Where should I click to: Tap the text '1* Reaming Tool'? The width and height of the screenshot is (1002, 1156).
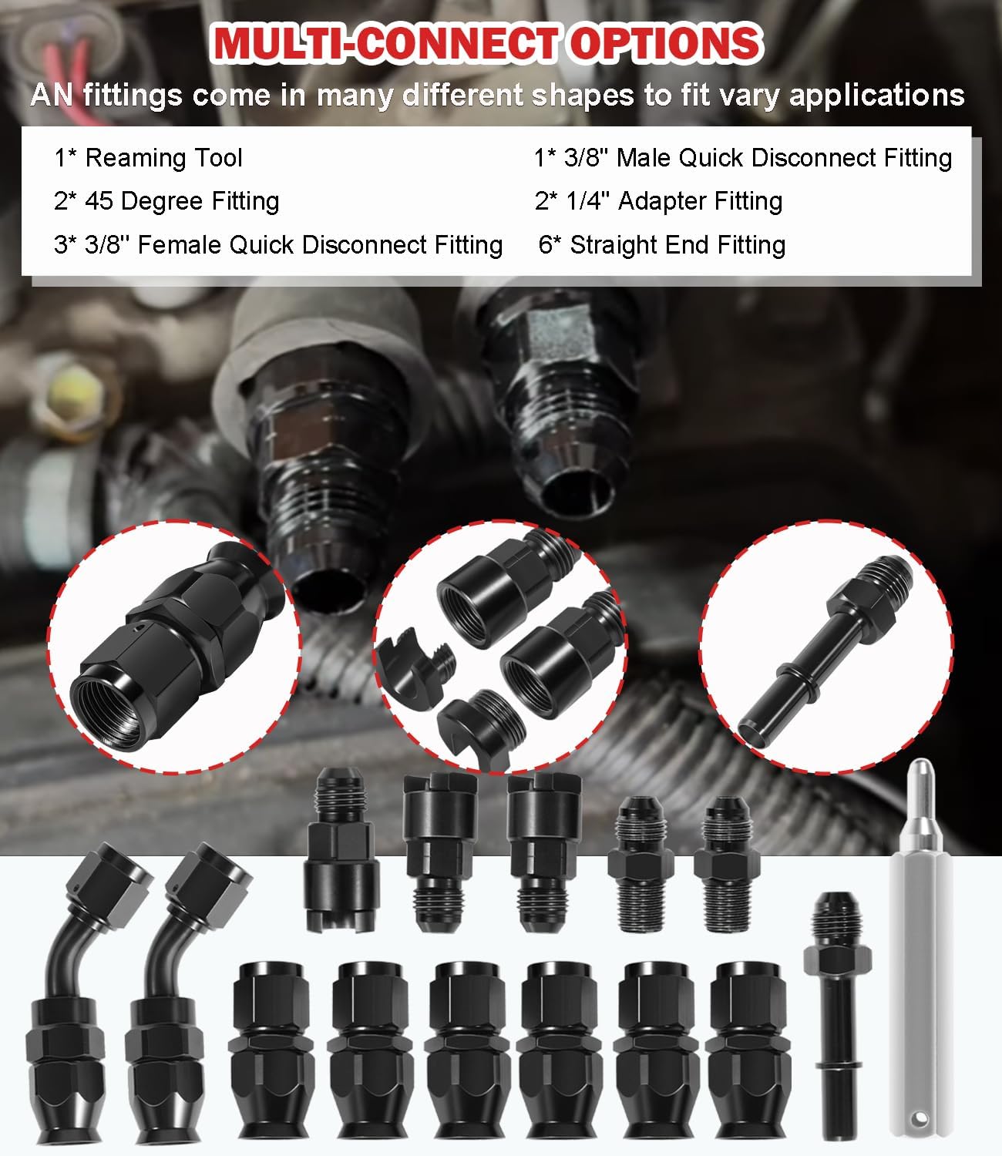[148, 158]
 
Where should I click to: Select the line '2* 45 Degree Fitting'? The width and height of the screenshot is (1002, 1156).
[166, 201]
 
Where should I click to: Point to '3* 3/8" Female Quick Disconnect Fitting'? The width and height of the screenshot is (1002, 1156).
[278, 245]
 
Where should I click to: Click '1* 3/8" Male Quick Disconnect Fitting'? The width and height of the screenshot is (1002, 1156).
[743, 158]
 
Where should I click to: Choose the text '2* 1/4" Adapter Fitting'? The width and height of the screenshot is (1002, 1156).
[659, 201]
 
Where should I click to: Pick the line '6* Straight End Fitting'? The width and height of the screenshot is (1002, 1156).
[662, 245]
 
